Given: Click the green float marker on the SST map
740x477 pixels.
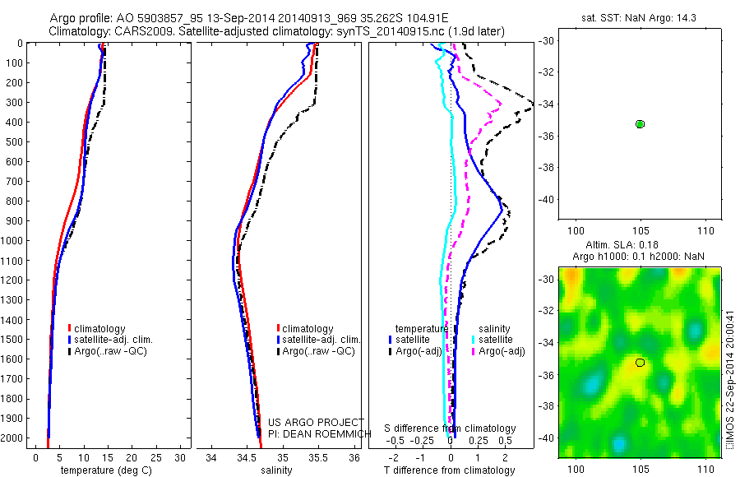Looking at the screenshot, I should click(640, 123).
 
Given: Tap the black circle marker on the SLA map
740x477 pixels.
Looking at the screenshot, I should click(640, 363).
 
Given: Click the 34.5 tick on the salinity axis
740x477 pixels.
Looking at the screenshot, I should click(246, 457).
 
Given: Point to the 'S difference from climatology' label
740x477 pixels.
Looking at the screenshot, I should click(451, 428).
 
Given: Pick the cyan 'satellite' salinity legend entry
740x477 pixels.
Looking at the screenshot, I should click(496, 339).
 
